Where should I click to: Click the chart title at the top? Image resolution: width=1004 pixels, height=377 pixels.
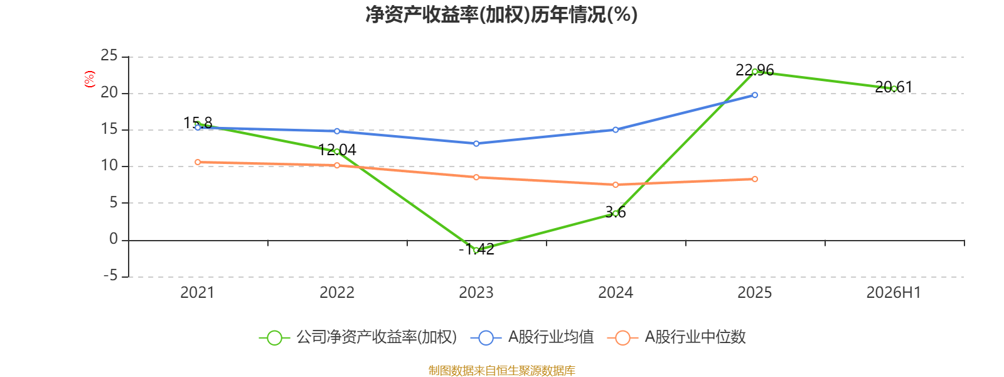(x=501, y=14)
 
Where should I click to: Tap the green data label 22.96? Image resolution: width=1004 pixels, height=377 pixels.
(x=755, y=70)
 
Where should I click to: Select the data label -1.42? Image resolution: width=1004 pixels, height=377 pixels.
(x=476, y=249)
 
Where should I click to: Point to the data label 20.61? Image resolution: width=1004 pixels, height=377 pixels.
(x=894, y=87)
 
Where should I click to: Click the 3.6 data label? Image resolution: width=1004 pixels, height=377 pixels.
(x=616, y=212)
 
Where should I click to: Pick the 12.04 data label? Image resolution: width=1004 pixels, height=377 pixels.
(x=337, y=150)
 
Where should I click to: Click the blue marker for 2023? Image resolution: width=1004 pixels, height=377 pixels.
(x=476, y=144)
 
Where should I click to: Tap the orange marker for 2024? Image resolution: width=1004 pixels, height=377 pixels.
(x=616, y=185)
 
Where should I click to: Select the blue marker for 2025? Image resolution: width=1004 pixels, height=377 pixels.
(x=755, y=95)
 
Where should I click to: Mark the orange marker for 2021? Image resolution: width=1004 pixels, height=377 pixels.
(x=198, y=162)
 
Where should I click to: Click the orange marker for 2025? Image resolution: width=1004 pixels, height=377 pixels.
(x=755, y=179)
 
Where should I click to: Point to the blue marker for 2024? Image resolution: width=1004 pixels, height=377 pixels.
(x=616, y=129)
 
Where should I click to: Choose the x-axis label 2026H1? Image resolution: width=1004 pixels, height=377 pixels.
(x=894, y=293)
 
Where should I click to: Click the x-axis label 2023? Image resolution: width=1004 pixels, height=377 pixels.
(x=476, y=293)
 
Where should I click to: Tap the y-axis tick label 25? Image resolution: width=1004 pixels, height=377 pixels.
(x=109, y=56)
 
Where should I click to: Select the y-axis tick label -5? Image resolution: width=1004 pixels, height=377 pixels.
(x=110, y=275)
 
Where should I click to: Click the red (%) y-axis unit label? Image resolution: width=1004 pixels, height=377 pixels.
(x=90, y=79)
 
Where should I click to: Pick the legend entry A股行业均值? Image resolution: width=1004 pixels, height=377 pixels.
(x=533, y=337)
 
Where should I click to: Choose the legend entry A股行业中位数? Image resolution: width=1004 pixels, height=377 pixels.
(x=677, y=337)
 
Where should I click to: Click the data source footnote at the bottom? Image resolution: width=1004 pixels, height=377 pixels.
(x=501, y=370)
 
